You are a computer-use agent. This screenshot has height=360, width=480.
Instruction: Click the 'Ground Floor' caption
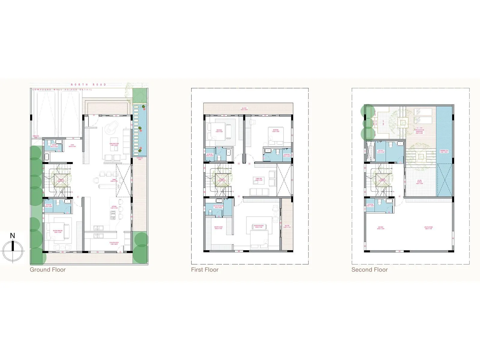tap(47, 270)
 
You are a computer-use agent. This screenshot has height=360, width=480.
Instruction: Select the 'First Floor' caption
tap(205, 270)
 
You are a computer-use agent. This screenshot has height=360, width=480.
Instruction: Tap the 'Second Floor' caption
tap(369, 270)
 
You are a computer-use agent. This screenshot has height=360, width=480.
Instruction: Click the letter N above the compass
tap(12, 236)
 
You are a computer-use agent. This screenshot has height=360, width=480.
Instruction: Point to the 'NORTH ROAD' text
tap(88, 85)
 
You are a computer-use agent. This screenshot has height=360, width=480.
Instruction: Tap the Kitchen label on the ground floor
tap(114, 207)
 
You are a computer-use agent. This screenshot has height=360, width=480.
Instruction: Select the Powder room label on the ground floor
tap(54, 146)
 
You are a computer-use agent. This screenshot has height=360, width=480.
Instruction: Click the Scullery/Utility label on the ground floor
tap(114, 243)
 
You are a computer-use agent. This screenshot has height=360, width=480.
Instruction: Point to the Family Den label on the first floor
tap(259, 179)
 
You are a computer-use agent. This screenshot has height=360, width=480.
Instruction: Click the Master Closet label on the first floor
tap(218, 227)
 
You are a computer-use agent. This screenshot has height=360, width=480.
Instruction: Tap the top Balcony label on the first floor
tap(244, 109)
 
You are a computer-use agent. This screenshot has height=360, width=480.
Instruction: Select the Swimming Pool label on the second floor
tap(444, 151)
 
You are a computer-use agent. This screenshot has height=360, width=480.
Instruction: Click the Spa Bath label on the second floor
tap(381, 151)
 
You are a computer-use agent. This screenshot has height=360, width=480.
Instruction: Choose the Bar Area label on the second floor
tap(381, 228)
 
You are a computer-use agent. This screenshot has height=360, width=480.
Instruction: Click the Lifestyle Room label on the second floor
tap(428, 228)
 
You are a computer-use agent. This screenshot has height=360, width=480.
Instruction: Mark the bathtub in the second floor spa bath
tap(369, 151)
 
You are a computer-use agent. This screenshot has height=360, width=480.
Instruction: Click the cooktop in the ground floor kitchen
tap(113, 214)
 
